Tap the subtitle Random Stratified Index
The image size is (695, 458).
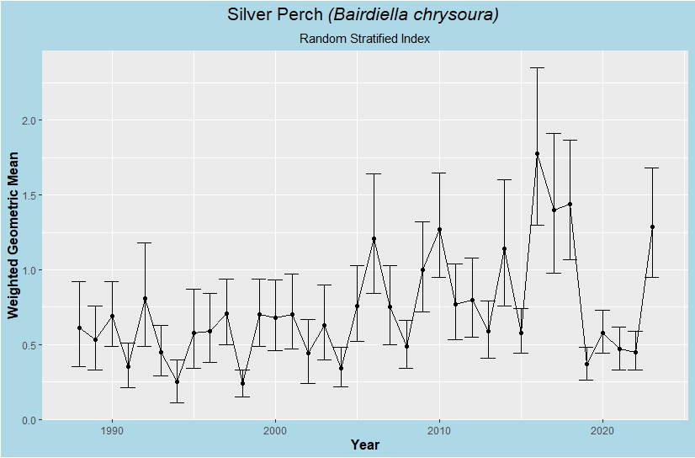pos(364,39)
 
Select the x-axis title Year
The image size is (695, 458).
pos(364,445)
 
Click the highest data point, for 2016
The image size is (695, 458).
pos(537,154)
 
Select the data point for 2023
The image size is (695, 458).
pos(652,226)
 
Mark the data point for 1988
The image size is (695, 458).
pos(79,328)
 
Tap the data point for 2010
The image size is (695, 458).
pos(439,229)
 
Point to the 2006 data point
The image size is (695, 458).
pos(374,238)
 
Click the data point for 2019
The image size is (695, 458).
pos(586,364)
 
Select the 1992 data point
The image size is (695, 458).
pos(145,298)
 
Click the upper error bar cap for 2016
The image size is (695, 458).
pos(537,67)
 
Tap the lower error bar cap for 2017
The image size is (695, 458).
pos(554,273)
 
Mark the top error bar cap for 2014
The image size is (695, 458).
pos(505,179)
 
